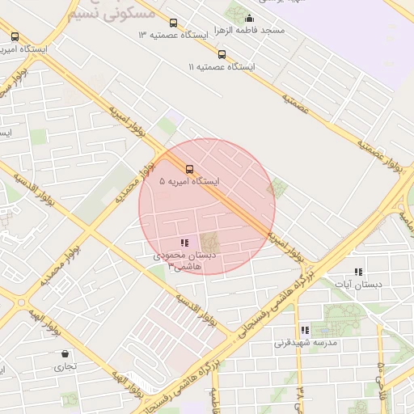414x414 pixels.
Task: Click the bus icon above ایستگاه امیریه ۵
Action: coord(189,169)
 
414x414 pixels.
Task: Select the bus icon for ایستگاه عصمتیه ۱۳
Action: coord(173,23)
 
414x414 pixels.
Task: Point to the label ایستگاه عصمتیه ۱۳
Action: coord(173,36)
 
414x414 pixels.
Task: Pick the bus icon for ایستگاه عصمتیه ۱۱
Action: coord(222,55)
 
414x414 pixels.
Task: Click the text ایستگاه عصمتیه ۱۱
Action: coord(221,67)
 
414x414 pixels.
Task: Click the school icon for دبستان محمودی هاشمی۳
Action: coord(185,242)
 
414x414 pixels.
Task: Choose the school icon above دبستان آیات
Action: coord(358,272)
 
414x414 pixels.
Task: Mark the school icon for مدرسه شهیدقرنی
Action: coord(305,330)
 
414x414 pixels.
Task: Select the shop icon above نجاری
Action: coord(65,353)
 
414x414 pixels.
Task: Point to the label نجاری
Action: coord(65,366)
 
